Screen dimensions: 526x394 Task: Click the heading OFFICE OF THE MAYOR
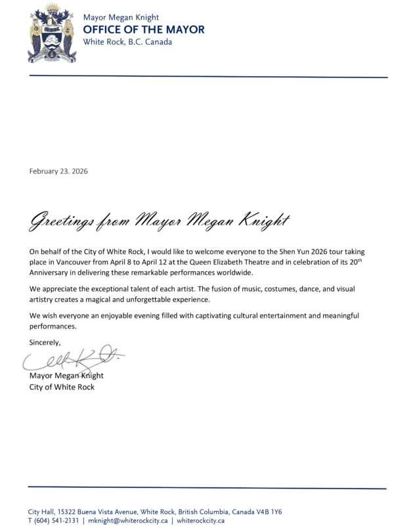pyautogui.click(x=143, y=30)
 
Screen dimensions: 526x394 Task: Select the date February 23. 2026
pyautogui.click(x=58, y=171)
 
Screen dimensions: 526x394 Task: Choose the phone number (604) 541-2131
pyautogui.click(x=56, y=520)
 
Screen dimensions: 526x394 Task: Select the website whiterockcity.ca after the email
pyautogui.click(x=200, y=520)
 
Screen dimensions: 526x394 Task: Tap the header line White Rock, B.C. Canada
pyautogui.click(x=127, y=42)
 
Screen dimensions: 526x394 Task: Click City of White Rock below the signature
pyautogui.click(x=62, y=387)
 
